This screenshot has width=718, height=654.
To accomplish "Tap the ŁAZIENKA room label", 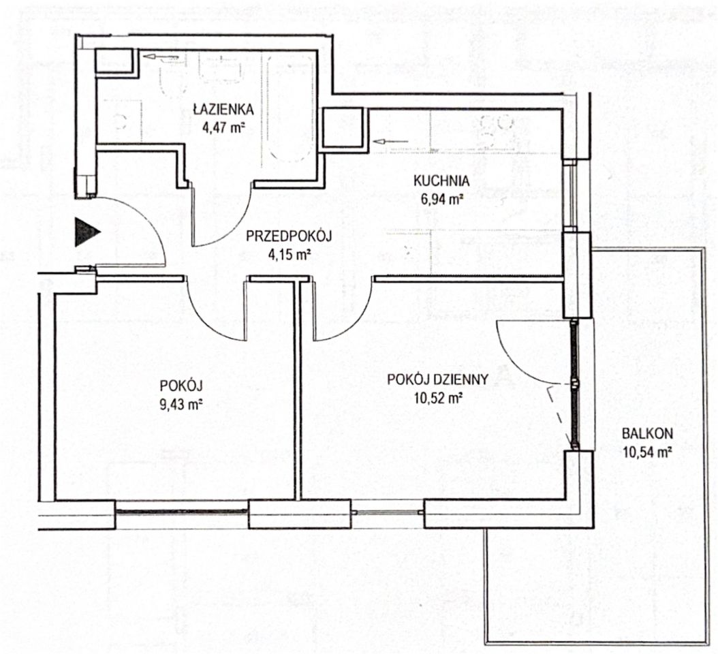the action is pos(223,109).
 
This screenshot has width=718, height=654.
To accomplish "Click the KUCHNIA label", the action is pos(441,181).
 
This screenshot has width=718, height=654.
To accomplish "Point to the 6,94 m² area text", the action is pos(441,199).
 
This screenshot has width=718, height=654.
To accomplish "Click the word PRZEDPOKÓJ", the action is pos(288,236).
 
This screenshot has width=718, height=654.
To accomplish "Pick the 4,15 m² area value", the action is pos(288,253).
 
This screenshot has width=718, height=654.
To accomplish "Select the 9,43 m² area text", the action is pos(181,405).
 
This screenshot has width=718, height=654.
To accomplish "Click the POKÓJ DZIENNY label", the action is pos(437,379).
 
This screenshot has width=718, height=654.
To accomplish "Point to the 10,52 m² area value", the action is pos(437,398).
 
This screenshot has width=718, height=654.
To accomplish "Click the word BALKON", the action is pos(647,433).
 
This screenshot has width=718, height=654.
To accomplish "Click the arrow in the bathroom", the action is pos(160,57).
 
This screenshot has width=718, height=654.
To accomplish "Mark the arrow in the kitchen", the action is pos(390,141).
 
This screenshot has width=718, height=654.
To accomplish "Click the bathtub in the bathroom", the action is pos(291,108).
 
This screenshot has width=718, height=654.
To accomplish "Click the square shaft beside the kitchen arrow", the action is pos(343,128).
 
